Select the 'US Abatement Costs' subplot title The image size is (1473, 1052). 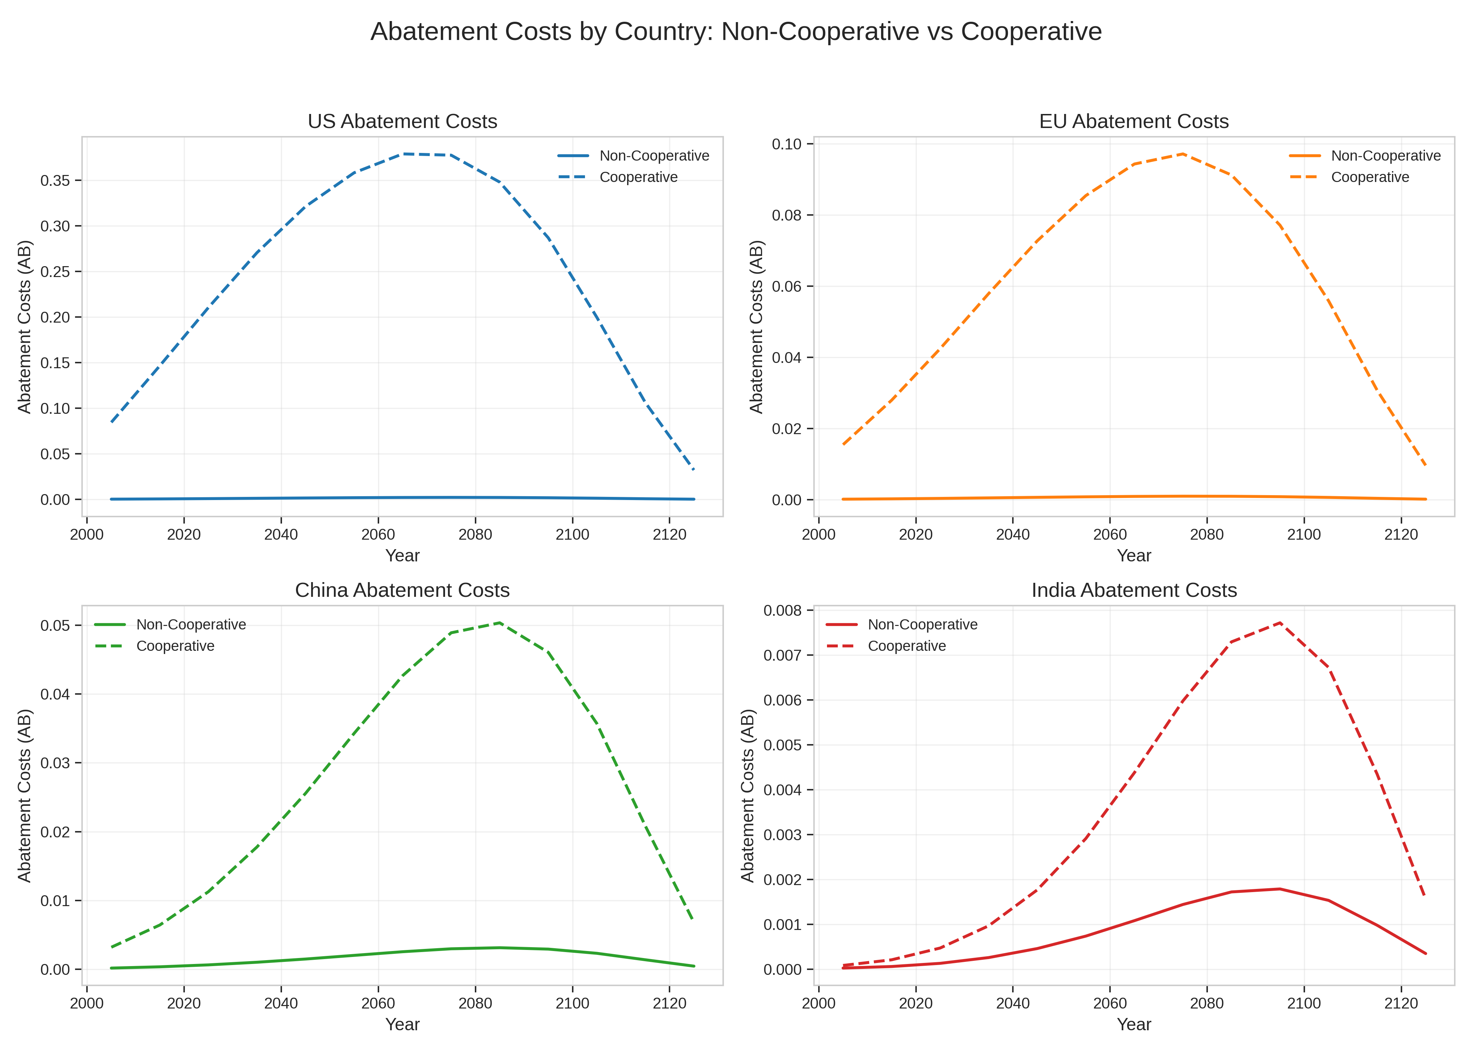coord(402,121)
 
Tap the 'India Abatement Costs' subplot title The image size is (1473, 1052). coord(1134,590)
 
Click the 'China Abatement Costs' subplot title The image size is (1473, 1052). coord(402,590)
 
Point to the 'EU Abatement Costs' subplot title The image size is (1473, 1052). coord(1134,121)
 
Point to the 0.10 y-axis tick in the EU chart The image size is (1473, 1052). coord(786,144)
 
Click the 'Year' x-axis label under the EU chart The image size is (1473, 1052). coord(1134,556)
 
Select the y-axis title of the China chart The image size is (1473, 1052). coord(25,795)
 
